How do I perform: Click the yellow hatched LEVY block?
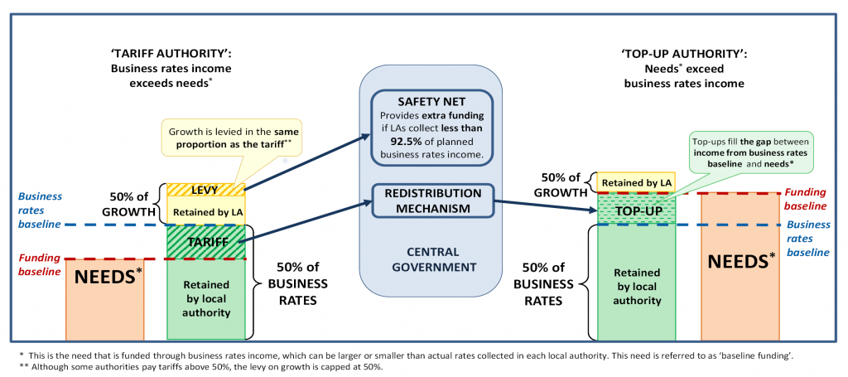pos(203,190)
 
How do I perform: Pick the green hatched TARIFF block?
pos(203,242)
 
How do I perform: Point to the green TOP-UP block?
pos(636,210)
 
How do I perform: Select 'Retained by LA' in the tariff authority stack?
pos(203,212)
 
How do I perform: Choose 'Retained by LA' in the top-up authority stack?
pos(636,182)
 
